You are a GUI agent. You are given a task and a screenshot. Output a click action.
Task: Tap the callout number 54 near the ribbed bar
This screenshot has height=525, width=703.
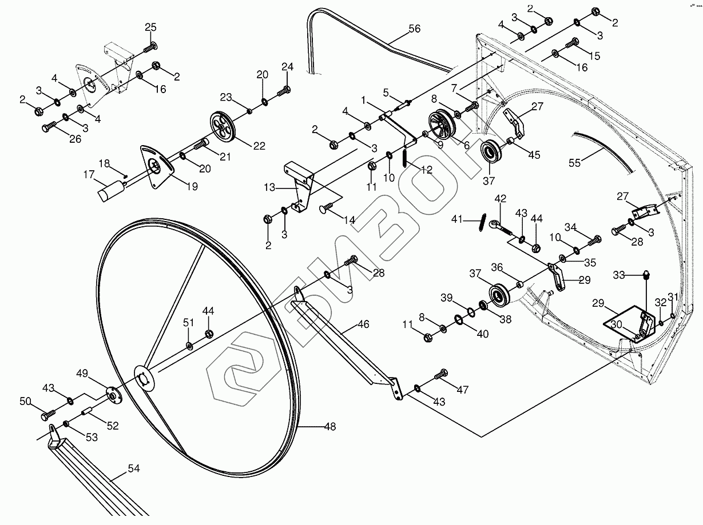(x=133, y=469)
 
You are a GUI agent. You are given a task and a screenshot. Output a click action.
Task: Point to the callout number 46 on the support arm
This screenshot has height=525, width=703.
(x=363, y=324)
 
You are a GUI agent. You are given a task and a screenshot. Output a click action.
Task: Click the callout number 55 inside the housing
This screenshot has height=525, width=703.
(x=574, y=163)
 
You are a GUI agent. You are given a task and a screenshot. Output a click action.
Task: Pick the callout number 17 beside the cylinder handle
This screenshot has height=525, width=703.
(x=88, y=175)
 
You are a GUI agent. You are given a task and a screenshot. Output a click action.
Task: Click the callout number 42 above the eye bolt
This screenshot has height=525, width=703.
(x=501, y=199)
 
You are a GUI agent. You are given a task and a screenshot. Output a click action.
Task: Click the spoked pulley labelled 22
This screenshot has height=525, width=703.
(x=223, y=125)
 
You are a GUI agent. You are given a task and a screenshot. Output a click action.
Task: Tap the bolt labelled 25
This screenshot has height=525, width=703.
(x=152, y=47)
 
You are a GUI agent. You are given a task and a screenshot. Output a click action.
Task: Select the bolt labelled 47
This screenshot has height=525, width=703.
(x=441, y=375)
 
